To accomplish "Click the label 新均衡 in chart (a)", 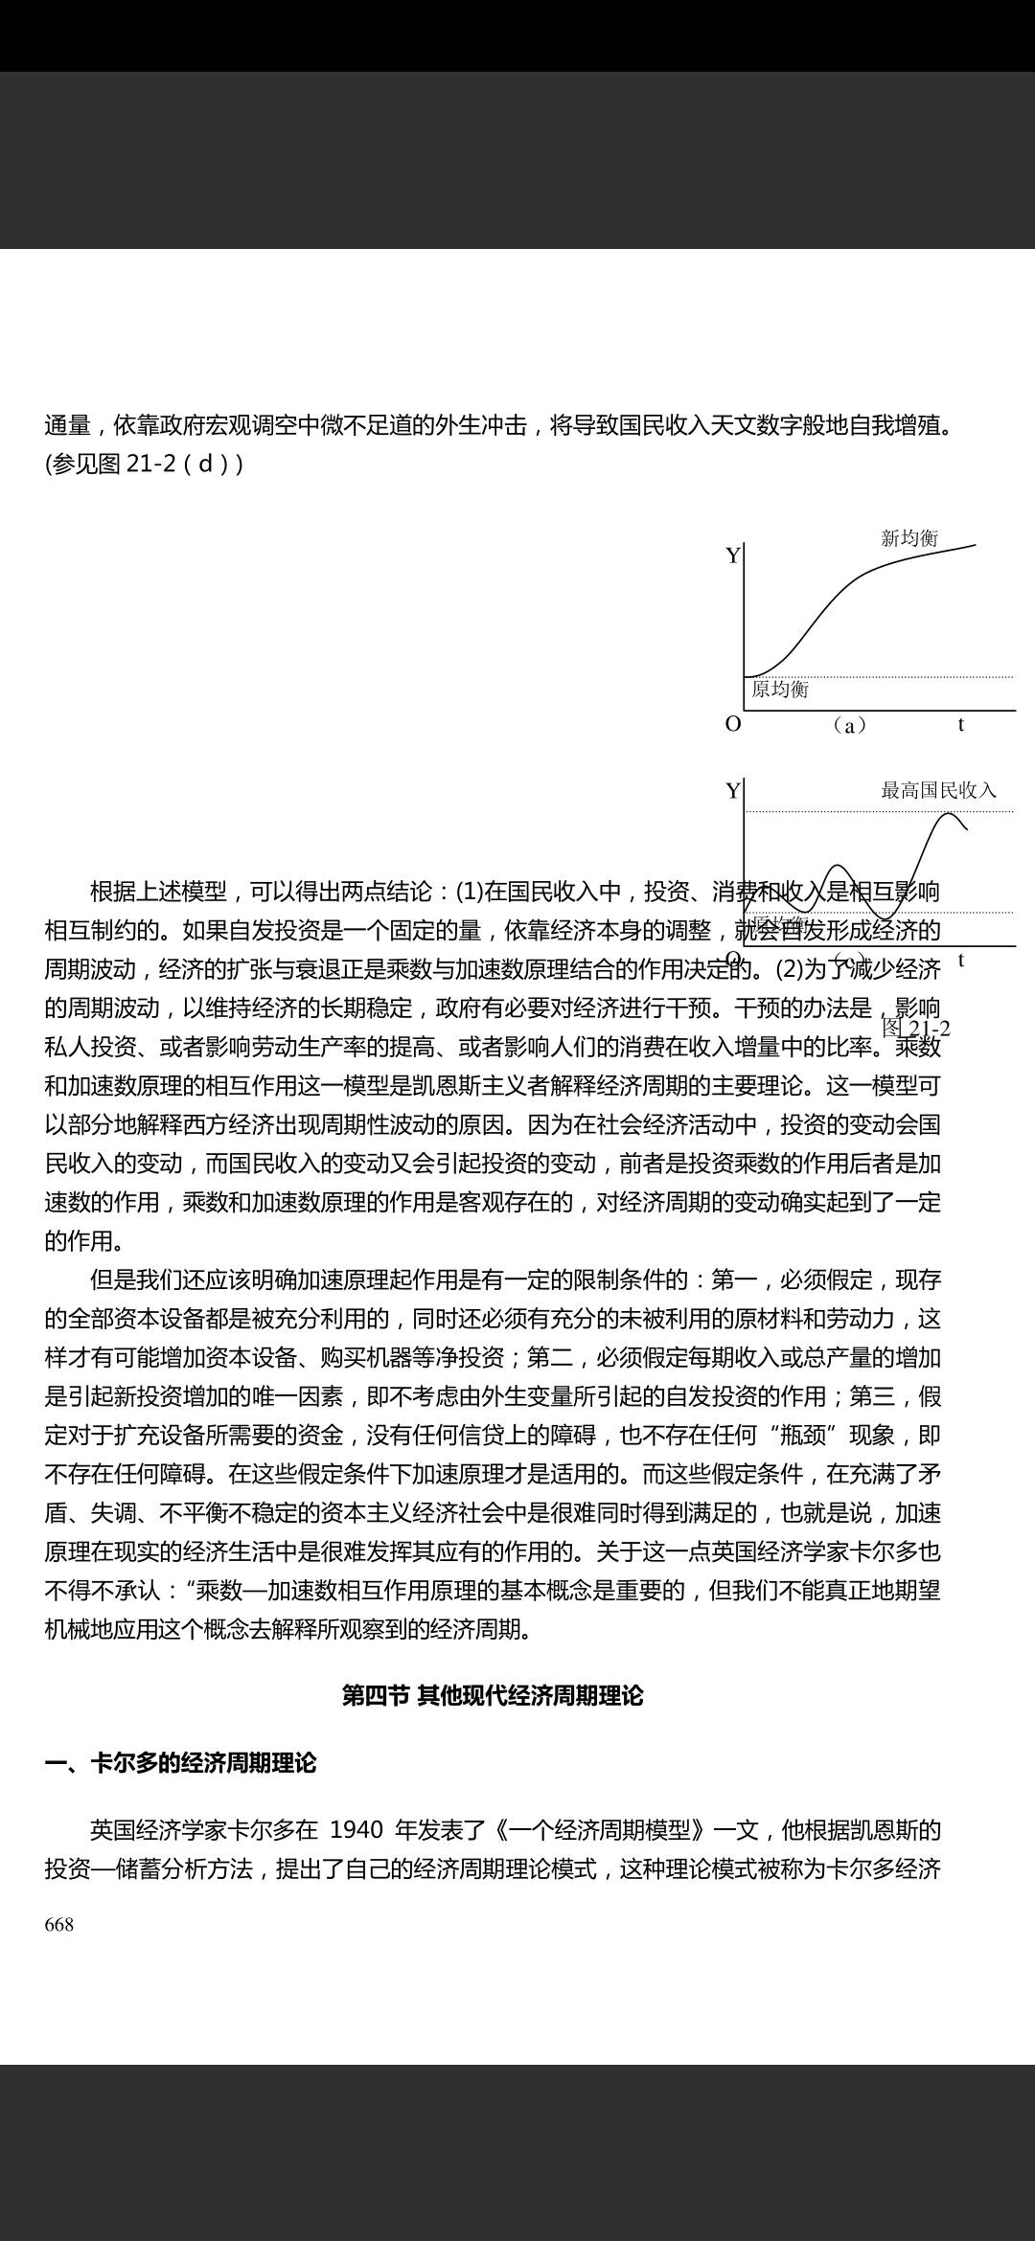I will click(x=908, y=538).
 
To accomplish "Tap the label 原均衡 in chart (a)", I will click(x=780, y=690).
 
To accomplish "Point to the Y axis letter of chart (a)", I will click(x=733, y=556).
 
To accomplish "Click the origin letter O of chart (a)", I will click(x=733, y=724).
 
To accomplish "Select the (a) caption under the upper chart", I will click(x=849, y=726).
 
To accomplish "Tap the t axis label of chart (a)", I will click(x=961, y=725).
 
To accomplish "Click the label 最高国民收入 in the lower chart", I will click(x=938, y=790).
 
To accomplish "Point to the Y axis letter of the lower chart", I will click(x=733, y=791).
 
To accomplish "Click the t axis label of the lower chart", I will click(x=961, y=961).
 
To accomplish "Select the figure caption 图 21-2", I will click(x=916, y=1029).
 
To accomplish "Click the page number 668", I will click(x=59, y=1925).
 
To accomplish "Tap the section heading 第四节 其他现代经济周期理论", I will click(x=493, y=1696).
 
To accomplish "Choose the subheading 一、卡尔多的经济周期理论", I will click(x=180, y=1763).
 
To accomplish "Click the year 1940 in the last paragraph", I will click(x=356, y=1830).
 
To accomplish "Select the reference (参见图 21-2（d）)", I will click(x=144, y=464).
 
